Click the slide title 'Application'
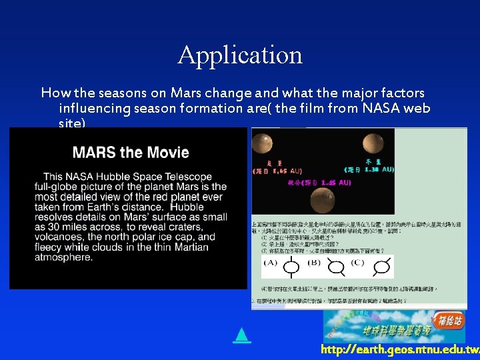click(240, 55)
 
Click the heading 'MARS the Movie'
click(131, 153)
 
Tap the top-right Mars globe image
click(375, 143)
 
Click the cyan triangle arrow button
click(242, 335)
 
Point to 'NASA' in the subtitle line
click(370, 108)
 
